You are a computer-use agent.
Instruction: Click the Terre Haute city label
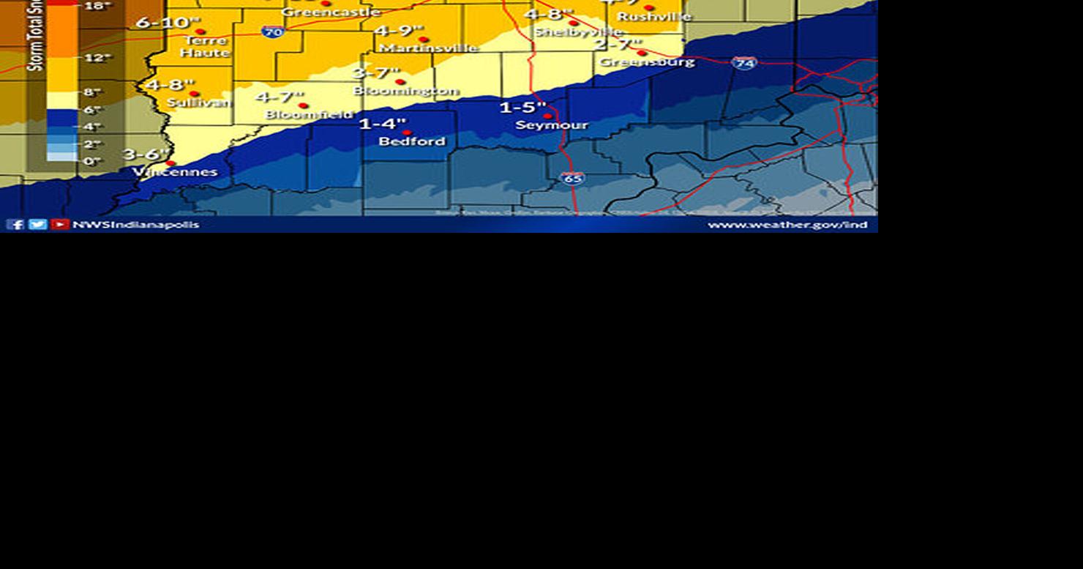pos(205,46)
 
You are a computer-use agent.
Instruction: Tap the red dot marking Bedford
pos(407,133)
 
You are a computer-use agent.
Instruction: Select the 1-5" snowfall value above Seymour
pos(522,108)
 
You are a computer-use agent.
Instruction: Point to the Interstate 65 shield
pos(573,178)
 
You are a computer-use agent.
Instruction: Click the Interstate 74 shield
pos(744,63)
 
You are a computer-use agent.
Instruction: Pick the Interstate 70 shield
pos(272,32)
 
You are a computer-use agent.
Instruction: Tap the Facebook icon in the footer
pos(15,224)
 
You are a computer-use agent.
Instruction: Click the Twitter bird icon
pos(37,224)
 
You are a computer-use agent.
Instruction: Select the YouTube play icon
pos(60,224)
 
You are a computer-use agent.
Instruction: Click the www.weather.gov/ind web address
pos(787,224)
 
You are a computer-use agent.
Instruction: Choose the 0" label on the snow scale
pos(92,161)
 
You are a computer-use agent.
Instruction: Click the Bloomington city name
pos(405,91)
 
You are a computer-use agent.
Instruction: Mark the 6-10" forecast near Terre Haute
pos(168,23)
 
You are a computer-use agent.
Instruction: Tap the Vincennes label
pos(175,172)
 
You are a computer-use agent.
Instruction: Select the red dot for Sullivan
pos(194,94)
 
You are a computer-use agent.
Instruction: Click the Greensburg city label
pos(647,62)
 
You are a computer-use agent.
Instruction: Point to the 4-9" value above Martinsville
pos(399,31)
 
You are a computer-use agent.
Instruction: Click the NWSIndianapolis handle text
pos(135,224)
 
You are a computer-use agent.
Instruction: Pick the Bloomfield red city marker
pos(303,105)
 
